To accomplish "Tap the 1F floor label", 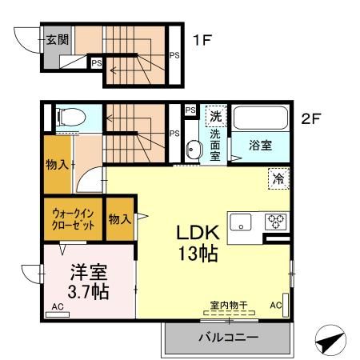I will (202, 37).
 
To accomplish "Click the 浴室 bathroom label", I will (260, 146).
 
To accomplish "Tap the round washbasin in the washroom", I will (193, 149).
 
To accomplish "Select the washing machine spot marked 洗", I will (215, 117).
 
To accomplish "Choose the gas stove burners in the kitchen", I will (276, 222).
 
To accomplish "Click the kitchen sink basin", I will (242, 222).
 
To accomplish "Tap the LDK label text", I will (198, 233).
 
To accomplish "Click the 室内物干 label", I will (229, 305).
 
